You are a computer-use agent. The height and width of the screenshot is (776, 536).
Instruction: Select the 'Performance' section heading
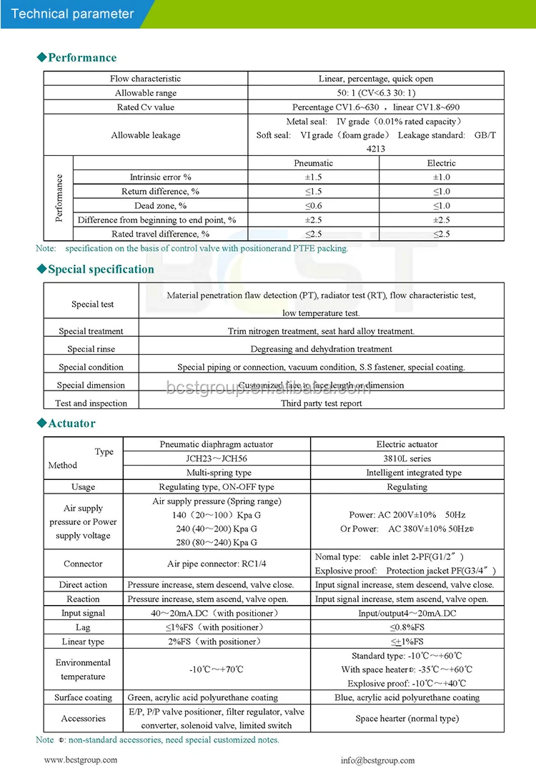pyautogui.click(x=81, y=58)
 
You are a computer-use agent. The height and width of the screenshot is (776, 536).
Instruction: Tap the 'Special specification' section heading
pyautogui.click(x=100, y=270)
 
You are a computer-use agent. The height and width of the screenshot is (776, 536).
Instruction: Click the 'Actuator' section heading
pyautogui.click(x=71, y=423)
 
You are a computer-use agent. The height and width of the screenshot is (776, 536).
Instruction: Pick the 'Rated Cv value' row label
pyautogui.click(x=145, y=107)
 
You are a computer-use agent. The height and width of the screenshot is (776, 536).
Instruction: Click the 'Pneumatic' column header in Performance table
pyautogui.click(x=313, y=163)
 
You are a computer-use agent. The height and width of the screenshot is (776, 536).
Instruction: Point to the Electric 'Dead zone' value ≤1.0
pyautogui.click(x=441, y=206)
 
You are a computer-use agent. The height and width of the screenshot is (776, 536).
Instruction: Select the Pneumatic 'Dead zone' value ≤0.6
pyautogui.click(x=313, y=206)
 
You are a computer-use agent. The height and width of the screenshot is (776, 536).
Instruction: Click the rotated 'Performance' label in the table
pyautogui.click(x=59, y=198)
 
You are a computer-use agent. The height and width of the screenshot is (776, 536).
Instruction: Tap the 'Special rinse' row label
pyautogui.click(x=91, y=349)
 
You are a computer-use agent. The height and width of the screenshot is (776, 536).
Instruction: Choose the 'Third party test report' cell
pyautogui.click(x=321, y=403)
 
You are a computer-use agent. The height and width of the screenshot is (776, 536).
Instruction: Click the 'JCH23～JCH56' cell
pyautogui.click(x=218, y=458)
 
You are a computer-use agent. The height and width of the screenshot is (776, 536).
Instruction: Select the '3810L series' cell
pyautogui.click(x=407, y=458)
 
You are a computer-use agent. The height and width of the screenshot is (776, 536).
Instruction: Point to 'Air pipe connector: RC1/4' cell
pyautogui.click(x=218, y=564)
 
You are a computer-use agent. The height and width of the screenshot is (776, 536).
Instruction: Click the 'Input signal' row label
pyautogui.click(x=83, y=613)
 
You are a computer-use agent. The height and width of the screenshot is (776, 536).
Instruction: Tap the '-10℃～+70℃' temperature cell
pyautogui.click(x=218, y=669)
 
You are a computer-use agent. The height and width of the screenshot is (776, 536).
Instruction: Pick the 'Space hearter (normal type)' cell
pyautogui.click(x=407, y=718)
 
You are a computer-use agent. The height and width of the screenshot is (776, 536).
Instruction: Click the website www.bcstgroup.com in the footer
pyautogui.click(x=81, y=760)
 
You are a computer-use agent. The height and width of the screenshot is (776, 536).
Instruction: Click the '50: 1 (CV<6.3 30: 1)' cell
pyautogui.click(x=375, y=93)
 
